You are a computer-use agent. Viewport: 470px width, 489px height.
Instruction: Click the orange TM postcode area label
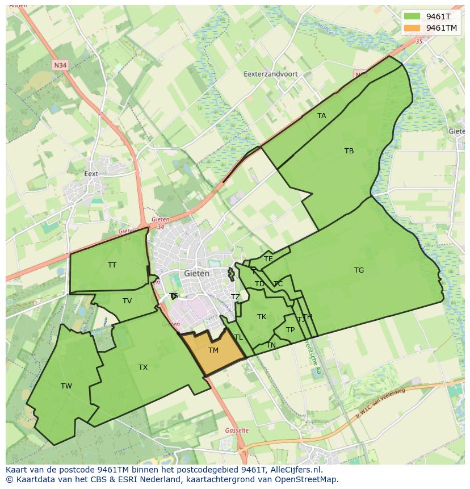coord(213,350)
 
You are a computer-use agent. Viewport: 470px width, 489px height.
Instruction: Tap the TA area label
coord(322,116)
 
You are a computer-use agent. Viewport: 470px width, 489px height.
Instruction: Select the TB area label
coord(349,151)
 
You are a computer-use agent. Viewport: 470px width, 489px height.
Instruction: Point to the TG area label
coord(359,270)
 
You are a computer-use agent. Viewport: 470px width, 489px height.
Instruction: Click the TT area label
coord(112,265)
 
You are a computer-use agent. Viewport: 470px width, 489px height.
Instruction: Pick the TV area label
coord(127,301)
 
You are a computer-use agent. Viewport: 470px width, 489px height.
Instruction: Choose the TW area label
coord(66,386)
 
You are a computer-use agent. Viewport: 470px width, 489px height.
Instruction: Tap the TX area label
coord(143,367)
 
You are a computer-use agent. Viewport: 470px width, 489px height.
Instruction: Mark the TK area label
coord(262,317)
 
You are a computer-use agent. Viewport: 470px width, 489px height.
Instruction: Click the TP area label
coord(290,330)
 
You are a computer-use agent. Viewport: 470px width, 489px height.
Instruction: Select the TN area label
coord(271,345)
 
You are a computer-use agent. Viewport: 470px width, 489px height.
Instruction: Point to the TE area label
coord(268,259)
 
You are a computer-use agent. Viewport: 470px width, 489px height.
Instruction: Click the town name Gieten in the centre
coord(197,273)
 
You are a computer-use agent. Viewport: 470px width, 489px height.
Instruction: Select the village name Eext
coord(91,174)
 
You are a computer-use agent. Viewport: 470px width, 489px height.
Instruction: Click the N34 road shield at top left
coord(60,66)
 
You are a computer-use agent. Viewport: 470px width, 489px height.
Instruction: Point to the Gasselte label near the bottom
coord(237,431)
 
